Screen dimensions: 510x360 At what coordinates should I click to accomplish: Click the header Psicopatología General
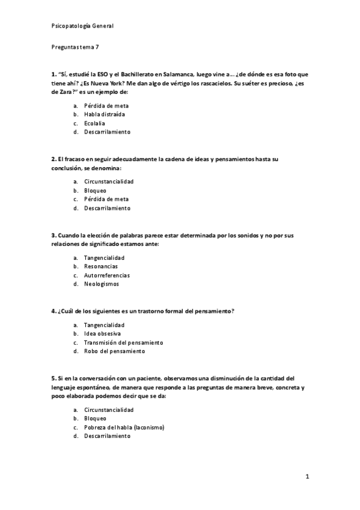coord(82,26)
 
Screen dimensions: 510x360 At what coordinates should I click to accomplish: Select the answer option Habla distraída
coord(105,114)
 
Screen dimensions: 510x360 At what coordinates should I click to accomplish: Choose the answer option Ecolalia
coord(94,123)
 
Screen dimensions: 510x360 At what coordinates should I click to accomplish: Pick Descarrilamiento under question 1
coord(107,132)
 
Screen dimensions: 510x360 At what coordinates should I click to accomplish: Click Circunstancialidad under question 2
coord(109,181)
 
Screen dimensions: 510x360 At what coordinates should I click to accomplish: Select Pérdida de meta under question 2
coord(106,199)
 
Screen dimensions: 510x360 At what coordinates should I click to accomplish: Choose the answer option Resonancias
coord(101,266)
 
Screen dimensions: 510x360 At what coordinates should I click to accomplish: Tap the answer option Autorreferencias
coord(107,275)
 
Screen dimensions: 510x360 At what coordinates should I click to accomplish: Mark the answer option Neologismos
coord(102,284)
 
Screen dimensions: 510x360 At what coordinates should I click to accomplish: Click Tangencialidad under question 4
coord(105,325)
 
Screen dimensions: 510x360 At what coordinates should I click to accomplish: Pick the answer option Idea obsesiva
coord(102,333)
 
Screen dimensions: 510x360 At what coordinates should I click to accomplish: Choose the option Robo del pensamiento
coord(114,351)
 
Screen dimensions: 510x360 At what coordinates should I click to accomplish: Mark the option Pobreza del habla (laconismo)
coord(124,427)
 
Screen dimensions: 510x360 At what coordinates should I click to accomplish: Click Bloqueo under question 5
coord(95,418)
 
